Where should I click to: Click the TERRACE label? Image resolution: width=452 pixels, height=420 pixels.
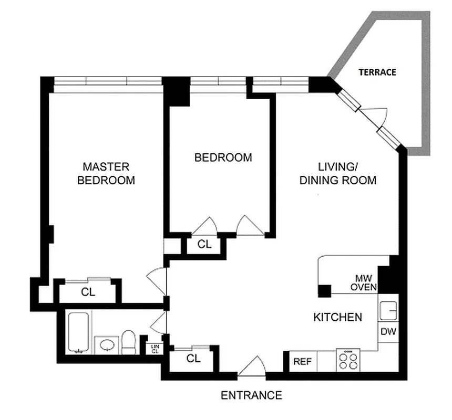(377, 72)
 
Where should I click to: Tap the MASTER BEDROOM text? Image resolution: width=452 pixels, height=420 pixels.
(106, 174)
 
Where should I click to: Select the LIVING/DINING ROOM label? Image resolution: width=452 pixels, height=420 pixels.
(338, 174)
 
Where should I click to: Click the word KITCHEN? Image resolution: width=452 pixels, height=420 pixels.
(337, 317)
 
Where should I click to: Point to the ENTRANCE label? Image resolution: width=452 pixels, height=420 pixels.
(251, 395)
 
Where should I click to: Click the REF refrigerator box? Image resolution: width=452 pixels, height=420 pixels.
(302, 361)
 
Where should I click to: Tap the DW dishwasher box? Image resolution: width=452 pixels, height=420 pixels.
(388, 332)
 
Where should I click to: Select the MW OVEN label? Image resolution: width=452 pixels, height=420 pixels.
(363, 282)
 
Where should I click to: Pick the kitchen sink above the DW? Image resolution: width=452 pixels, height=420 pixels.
(388, 311)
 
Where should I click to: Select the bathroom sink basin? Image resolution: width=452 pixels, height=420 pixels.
(107, 345)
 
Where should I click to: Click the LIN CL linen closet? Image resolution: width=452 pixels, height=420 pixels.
(155, 348)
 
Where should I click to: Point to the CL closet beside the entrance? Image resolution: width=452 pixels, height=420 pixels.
(193, 359)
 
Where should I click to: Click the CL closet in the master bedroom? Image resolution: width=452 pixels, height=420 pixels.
(88, 292)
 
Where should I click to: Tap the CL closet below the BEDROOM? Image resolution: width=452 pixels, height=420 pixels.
(204, 244)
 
